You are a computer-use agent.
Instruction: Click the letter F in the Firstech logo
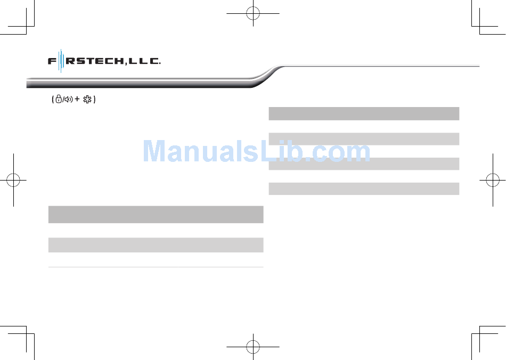[x=52, y=61]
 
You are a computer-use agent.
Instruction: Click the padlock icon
[x=59, y=100]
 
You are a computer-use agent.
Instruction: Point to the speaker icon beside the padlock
[x=68, y=100]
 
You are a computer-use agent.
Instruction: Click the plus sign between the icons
[x=77, y=100]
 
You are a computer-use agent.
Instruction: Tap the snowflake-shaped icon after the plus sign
[x=87, y=100]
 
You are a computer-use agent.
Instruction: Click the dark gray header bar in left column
[x=156, y=214]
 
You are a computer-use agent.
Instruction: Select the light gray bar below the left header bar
[x=156, y=244]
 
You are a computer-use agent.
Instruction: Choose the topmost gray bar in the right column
[x=364, y=113]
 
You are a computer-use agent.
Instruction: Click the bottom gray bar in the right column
[x=364, y=189]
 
